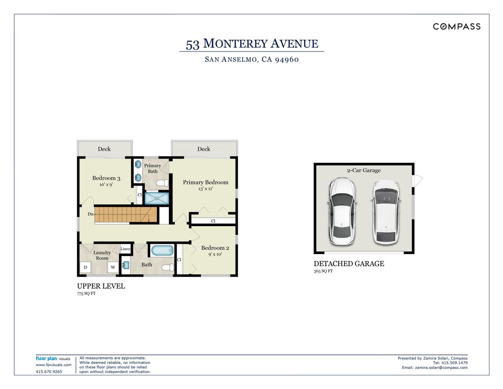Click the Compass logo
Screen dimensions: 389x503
point(457,26)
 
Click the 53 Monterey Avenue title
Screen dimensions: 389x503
point(252,44)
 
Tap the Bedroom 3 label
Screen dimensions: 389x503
point(106,178)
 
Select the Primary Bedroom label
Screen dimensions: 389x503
point(206,183)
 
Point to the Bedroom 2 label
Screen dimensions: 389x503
point(215,248)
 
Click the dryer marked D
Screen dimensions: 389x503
point(85,267)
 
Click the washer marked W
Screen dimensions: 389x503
point(113,267)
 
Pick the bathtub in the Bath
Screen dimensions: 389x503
point(162,250)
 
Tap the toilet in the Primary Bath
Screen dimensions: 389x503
point(162,183)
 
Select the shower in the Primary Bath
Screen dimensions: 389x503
point(157,197)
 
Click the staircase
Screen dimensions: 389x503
point(126,215)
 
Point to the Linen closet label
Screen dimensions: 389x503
point(125,249)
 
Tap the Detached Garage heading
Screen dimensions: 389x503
point(349,264)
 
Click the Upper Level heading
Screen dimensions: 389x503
point(101,286)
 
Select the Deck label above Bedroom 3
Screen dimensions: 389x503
point(104,149)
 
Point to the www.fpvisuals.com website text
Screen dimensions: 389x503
point(53,365)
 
